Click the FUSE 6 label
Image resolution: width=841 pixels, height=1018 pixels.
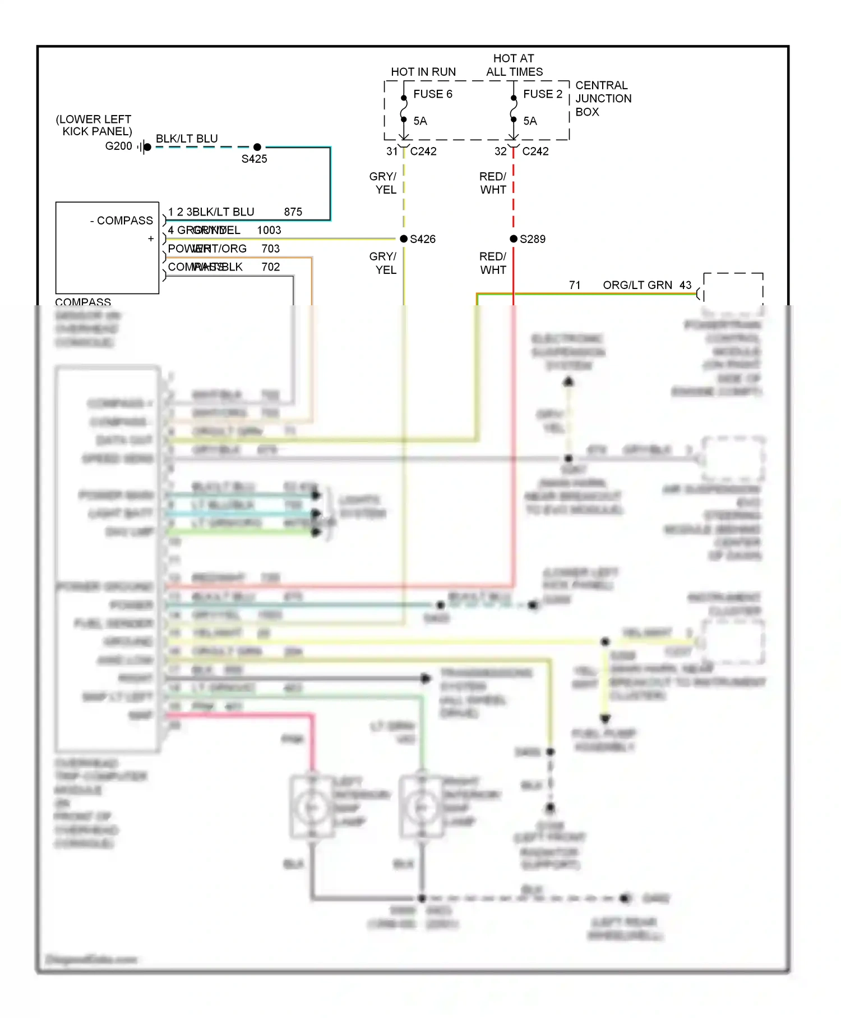pyautogui.click(x=432, y=94)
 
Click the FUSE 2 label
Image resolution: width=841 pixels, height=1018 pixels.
pyautogui.click(x=542, y=94)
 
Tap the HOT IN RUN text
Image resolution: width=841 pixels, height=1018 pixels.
pyautogui.click(x=423, y=72)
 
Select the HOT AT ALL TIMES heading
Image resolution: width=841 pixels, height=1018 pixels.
pyautogui.click(x=514, y=65)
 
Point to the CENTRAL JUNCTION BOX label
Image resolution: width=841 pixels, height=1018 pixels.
pyautogui.click(x=603, y=99)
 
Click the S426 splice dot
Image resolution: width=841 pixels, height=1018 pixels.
pyautogui.click(x=404, y=239)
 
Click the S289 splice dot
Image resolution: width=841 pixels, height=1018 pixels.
pyautogui.click(x=514, y=239)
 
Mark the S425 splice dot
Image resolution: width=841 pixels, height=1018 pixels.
pyautogui.click(x=257, y=147)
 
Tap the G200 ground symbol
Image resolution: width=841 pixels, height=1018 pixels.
pyautogui.click(x=145, y=147)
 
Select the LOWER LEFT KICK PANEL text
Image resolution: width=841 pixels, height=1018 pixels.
pyautogui.click(x=94, y=125)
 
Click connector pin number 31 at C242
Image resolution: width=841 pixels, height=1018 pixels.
pyautogui.click(x=391, y=152)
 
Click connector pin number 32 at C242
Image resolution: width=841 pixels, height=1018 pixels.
pyautogui.click(x=500, y=152)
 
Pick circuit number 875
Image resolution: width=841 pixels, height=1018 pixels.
pyautogui.click(x=293, y=212)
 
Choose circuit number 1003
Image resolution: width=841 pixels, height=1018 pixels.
pyautogui.click(x=269, y=231)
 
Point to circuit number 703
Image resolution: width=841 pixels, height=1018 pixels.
pyautogui.click(x=270, y=249)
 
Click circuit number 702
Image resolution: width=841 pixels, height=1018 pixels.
pyautogui.click(x=270, y=267)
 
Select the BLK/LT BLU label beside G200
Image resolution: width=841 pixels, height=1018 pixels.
pyautogui.click(x=187, y=139)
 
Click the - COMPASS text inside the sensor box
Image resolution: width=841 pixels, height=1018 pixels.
pyautogui.click(x=122, y=221)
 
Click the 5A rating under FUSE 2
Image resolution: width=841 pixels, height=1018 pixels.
pyautogui.click(x=530, y=121)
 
